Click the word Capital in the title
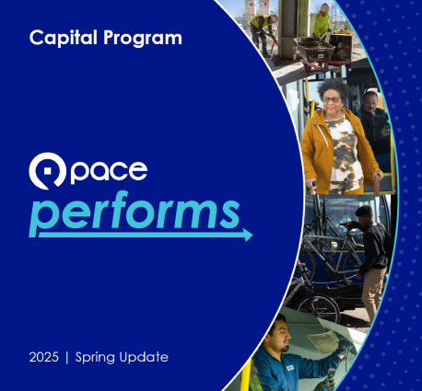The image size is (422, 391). [x=61, y=39]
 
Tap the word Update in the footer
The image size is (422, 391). [x=147, y=356]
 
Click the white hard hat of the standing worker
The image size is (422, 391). [x=323, y=7]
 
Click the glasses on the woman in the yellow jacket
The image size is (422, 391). [x=332, y=98]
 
